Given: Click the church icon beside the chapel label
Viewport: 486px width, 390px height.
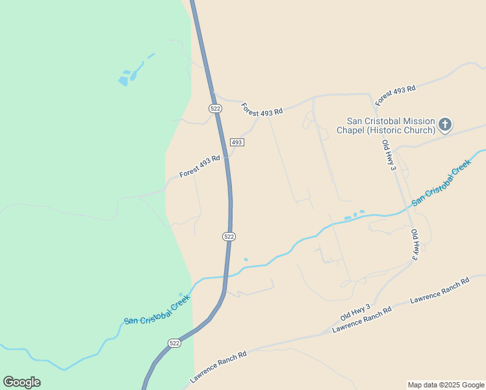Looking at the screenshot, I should (445, 125).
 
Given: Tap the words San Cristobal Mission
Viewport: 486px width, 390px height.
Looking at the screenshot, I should (391, 120).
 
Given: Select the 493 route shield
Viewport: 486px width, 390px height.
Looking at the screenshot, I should (237, 142).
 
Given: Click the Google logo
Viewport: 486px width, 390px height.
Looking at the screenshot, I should (21, 382).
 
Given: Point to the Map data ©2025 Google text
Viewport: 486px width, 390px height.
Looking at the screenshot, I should (446, 385).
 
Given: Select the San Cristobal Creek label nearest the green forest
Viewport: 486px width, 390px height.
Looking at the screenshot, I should (157, 309).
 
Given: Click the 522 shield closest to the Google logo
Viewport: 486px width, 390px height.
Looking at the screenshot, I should (174, 343).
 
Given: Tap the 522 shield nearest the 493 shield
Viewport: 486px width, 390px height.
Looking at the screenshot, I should (216, 109).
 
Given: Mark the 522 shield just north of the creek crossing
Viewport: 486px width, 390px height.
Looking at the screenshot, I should (229, 237).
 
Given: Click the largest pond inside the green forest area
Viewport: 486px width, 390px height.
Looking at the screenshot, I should (123, 81).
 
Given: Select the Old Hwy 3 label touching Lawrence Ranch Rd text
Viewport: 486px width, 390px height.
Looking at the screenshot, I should (355, 312).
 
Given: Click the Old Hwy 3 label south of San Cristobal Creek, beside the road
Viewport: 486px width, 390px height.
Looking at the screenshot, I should (414, 245).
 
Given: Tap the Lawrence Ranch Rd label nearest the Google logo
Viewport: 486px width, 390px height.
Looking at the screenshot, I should (218, 367).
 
